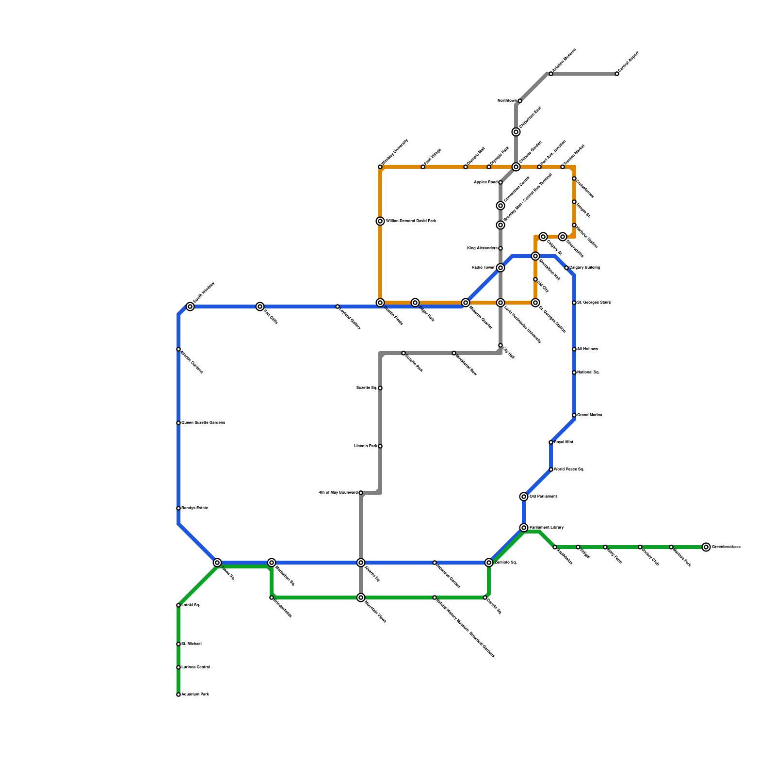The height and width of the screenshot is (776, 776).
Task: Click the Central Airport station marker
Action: coord(617,74)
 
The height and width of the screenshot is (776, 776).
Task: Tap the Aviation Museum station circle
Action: coord(551,74)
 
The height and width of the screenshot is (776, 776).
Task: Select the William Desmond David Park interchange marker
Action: coord(380,221)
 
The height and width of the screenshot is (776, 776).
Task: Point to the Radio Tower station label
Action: coord(483,268)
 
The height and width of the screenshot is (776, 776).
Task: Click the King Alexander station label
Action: coord(482,248)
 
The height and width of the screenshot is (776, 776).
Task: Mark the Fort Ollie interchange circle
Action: coord(260,307)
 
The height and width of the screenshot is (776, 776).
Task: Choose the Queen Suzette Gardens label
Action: coord(203,423)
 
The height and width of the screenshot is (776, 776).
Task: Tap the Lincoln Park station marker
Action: coord(380,446)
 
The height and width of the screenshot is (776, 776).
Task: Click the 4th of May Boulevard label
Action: coord(338,493)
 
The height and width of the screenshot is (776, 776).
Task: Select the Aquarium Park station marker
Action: coord(178,695)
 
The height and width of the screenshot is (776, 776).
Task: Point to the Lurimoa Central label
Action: coord(196,667)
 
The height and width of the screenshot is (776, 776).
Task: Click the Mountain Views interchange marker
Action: coord(361,598)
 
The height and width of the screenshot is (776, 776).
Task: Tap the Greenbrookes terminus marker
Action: coord(706,547)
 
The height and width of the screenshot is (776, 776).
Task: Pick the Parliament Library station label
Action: coord(547,527)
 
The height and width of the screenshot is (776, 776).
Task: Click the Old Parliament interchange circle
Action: coord(524,497)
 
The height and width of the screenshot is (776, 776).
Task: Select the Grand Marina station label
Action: coord(590,415)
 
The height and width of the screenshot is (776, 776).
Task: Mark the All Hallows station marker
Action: coord(574,349)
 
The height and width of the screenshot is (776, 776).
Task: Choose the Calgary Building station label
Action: coord(585,268)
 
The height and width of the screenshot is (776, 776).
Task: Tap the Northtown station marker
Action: coord(520,101)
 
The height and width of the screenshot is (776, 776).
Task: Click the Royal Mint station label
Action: coord(564,442)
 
